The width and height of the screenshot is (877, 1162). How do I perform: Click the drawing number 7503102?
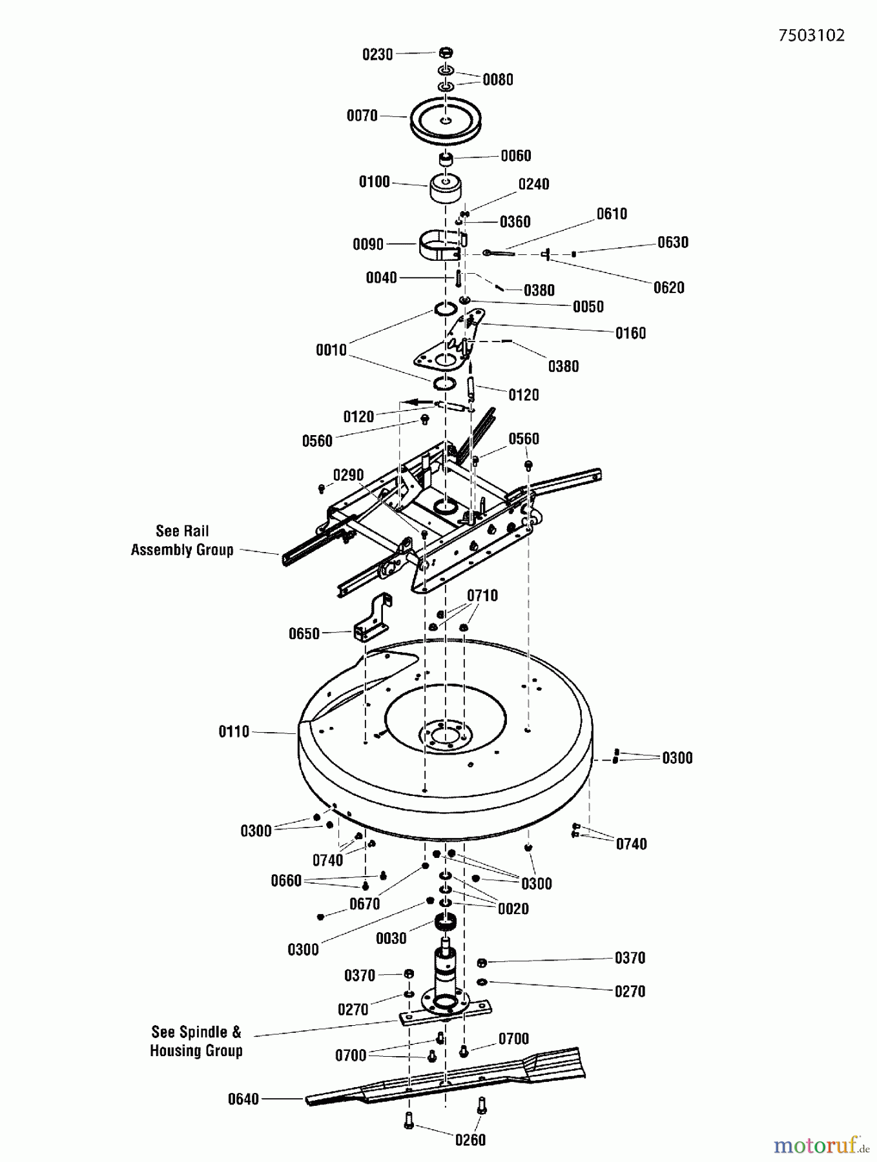click(x=811, y=36)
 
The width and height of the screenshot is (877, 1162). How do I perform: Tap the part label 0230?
click(x=377, y=55)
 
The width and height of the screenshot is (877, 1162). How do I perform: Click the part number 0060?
click(x=515, y=156)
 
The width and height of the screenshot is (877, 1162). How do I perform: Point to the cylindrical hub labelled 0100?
click(x=445, y=189)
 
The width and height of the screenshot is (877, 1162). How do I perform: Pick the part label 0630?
click(x=672, y=243)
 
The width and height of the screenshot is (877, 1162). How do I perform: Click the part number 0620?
click(x=668, y=288)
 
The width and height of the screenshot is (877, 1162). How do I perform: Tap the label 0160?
click(x=630, y=333)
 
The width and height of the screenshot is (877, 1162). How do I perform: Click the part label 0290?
click(x=348, y=476)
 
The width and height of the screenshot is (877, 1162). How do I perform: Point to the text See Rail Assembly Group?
click(x=182, y=540)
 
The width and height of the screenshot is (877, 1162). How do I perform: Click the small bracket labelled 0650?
click(x=373, y=618)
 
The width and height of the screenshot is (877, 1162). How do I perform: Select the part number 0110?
click(x=234, y=731)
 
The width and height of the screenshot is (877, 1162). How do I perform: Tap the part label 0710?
click(x=482, y=595)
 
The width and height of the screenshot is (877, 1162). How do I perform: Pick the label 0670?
click(x=364, y=904)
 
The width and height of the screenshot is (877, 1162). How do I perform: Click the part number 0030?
click(x=391, y=938)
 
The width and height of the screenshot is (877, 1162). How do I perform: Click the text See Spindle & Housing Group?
click(x=196, y=1041)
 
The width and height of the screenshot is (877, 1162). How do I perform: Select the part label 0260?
click(x=470, y=1140)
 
